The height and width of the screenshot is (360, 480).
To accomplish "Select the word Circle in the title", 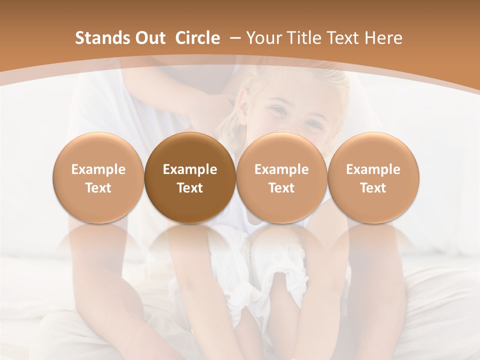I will coord(197,38).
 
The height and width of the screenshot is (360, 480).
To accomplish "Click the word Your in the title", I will coord(262,38).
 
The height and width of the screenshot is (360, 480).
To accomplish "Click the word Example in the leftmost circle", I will coord(98,169).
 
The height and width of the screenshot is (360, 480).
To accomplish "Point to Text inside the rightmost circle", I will coord(373,188).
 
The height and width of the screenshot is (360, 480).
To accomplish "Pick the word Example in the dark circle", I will coord(190,169).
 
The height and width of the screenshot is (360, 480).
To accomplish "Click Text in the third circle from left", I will coord(281,188).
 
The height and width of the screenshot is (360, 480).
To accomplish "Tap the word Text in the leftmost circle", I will coord(98,188).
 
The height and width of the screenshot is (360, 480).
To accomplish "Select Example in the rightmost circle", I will coord(373,169).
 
